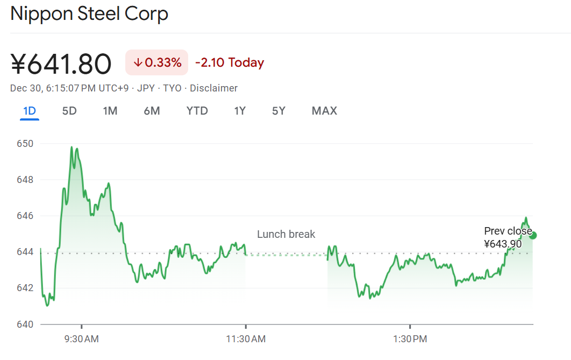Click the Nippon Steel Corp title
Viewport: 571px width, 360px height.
89,13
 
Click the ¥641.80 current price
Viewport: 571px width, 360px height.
61,63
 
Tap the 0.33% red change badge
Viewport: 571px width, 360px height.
156,62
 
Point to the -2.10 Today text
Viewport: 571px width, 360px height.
230,62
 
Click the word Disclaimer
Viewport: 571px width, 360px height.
213,88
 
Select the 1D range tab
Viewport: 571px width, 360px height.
30,111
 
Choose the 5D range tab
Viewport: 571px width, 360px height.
69,111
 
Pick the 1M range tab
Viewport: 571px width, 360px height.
110,111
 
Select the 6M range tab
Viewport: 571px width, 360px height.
152,111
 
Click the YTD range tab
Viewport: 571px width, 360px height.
197,111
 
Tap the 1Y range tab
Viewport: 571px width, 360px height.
240,111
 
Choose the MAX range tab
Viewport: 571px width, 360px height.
324,111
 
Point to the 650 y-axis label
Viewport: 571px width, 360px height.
25,144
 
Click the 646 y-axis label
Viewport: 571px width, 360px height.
25,216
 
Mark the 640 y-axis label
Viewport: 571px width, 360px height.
25,324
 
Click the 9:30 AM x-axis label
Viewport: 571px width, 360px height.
81,339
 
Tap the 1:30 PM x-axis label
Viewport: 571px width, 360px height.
410,339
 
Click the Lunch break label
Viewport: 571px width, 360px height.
286,234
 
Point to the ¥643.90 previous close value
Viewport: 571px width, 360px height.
503,244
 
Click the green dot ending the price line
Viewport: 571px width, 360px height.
533,235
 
